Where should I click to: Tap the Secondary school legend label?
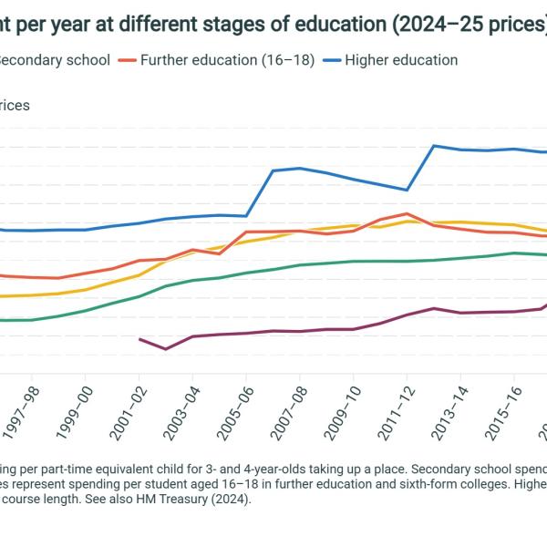coord(55,60)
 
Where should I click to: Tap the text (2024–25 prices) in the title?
coord(470,25)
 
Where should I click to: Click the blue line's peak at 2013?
coord(434,146)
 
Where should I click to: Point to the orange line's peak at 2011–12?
coord(406,214)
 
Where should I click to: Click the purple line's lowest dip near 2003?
coord(165,349)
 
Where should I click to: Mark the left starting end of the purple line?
coord(139,339)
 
